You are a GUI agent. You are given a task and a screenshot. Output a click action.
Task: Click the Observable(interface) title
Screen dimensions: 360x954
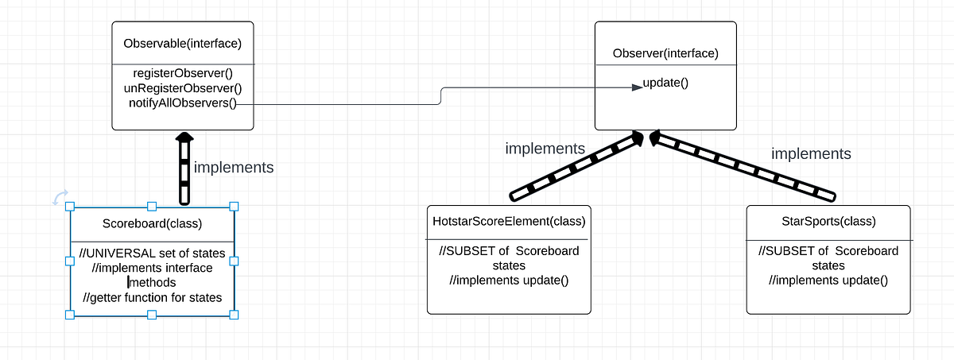(x=182, y=43)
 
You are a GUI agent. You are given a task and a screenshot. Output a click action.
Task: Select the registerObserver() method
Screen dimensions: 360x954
(x=182, y=73)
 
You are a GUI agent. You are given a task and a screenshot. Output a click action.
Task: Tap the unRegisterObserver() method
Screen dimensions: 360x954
(x=182, y=88)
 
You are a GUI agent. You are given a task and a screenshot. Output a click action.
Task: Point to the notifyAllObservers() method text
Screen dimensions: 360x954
(x=182, y=103)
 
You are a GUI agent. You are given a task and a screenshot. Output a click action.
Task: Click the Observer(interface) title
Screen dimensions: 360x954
(x=665, y=54)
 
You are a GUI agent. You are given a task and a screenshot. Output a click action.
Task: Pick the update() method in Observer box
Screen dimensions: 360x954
(x=665, y=83)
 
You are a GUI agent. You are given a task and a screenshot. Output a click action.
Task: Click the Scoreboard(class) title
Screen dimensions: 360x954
(x=152, y=223)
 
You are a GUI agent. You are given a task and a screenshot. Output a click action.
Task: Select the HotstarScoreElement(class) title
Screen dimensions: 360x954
(x=509, y=220)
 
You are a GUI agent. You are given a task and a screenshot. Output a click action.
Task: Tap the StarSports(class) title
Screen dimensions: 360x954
(x=828, y=220)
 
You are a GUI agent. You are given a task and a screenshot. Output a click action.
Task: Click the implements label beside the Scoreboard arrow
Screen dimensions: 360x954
(x=234, y=168)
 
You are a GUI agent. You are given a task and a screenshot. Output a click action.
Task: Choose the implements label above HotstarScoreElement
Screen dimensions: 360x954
(x=545, y=148)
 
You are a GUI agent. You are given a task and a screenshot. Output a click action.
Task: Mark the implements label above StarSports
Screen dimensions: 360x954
(x=811, y=153)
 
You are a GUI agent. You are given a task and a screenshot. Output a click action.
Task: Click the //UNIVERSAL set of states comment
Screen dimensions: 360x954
(x=152, y=254)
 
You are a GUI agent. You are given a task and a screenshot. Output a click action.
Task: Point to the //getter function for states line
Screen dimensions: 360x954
(x=152, y=297)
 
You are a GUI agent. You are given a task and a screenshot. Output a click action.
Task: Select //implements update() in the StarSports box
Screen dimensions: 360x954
(x=828, y=280)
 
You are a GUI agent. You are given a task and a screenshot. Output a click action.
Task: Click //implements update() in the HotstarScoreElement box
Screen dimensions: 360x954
(x=509, y=280)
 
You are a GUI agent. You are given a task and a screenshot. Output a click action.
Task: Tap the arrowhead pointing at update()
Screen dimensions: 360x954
(x=637, y=87)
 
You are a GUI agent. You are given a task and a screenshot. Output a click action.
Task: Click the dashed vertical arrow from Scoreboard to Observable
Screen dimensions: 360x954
(x=184, y=171)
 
